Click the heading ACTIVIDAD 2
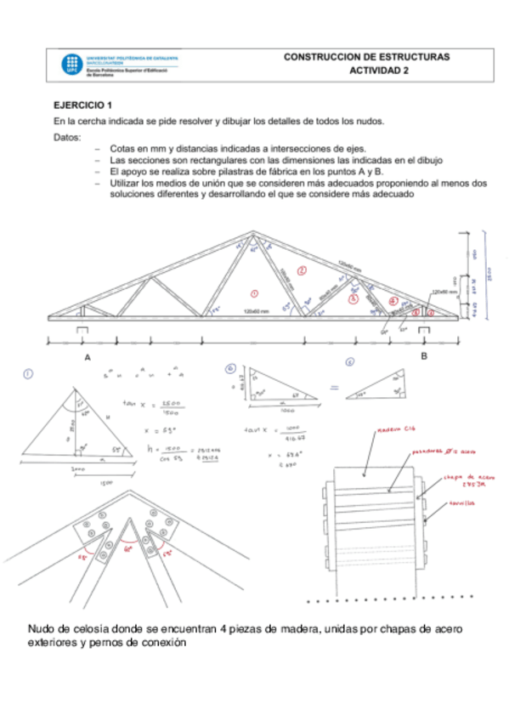pyautogui.click(x=378, y=71)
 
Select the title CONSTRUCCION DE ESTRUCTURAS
pyautogui.click(x=366, y=57)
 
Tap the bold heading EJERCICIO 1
pyautogui.click(x=82, y=106)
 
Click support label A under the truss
pyautogui.click(x=88, y=358)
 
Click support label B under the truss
pyautogui.click(x=424, y=356)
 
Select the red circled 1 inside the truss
pyautogui.click(x=254, y=293)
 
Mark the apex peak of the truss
pyautogui.click(x=252, y=231)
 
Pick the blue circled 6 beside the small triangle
pyautogui.click(x=230, y=369)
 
